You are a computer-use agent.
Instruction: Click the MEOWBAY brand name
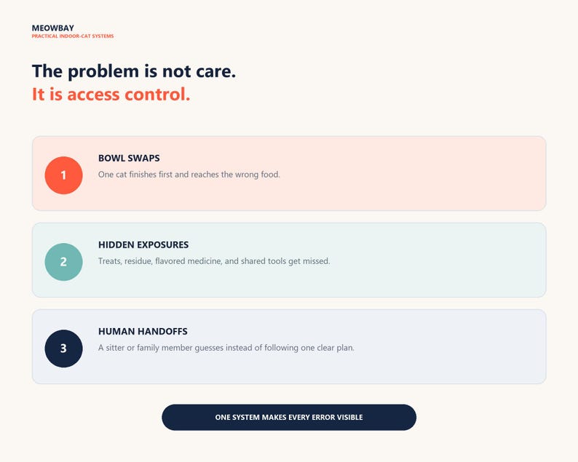[x=52, y=28]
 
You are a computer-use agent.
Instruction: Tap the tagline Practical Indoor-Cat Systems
[x=73, y=36]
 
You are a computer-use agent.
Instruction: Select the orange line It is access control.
[x=111, y=95]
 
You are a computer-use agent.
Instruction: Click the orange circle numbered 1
[x=63, y=175]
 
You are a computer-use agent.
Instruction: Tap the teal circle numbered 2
[x=63, y=262]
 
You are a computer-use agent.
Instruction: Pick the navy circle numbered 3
[x=63, y=349]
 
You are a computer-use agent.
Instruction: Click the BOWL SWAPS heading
[x=129, y=158]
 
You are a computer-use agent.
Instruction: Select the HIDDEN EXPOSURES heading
[x=143, y=244]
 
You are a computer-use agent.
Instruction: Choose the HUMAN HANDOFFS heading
[x=143, y=331]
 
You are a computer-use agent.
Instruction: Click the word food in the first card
[x=270, y=175]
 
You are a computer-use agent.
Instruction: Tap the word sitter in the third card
[x=115, y=348]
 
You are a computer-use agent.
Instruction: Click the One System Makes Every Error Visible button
[x=289, y=417]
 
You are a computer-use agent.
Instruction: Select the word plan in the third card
[x=345, y=348]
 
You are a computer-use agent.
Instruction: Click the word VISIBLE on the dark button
[x=350, y=417]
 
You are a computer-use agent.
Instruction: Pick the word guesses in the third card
[x=209, y=349]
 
